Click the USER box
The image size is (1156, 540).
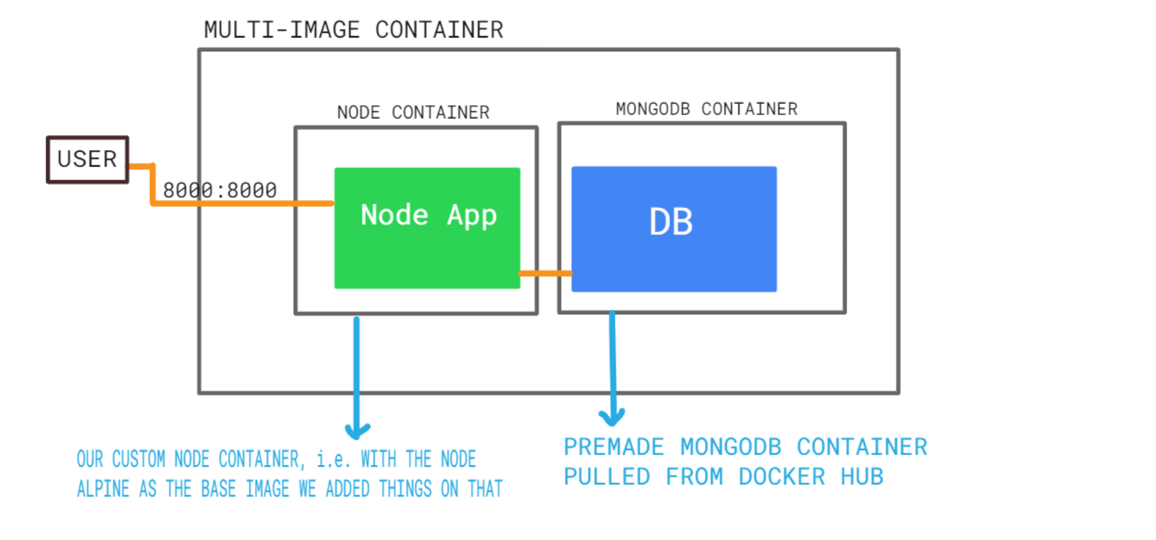87,159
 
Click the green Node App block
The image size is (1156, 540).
426,252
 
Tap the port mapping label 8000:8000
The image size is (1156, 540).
220,190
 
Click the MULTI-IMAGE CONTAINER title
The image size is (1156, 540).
353,30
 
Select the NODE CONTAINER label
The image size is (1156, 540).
413,113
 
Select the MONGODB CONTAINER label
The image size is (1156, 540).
706,109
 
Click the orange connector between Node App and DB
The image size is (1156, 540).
545,273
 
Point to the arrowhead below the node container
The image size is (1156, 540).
357,431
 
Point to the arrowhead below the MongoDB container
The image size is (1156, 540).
612,418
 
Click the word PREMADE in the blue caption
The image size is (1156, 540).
613,447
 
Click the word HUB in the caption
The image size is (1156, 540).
861,477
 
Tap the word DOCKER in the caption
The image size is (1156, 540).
781,477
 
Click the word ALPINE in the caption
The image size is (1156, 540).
103,489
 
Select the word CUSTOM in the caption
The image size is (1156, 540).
138,459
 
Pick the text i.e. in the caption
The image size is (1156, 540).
333,459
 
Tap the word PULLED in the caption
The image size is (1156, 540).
607,477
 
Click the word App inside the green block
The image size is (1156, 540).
472,215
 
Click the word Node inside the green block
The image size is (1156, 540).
394,215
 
